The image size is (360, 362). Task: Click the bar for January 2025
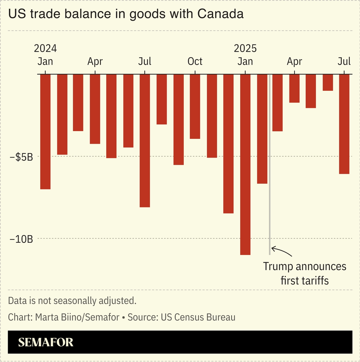tap(245, 164)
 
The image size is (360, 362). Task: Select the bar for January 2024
tap(45, 131)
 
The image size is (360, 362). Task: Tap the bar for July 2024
tap(145, 140)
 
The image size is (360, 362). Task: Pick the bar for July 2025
tap(344, 124)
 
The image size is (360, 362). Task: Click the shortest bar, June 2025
tap(327, 83)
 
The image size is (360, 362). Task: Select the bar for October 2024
tap(195, 106)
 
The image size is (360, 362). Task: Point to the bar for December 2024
tap(228, 144)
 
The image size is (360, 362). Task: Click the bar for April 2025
tap(294, 89)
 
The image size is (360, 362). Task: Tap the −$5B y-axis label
tap(21, 157)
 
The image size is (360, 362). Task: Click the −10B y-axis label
tap(21, 239)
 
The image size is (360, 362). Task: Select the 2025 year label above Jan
tap(245, 48)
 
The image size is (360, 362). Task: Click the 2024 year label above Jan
tap(45, 48)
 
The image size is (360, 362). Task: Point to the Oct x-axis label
tap(195, 61)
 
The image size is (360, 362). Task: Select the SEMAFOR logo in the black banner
tap(46, 342)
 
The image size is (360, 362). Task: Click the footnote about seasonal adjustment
tap(72, 301)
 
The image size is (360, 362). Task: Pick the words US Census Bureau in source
tap(198, 317)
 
